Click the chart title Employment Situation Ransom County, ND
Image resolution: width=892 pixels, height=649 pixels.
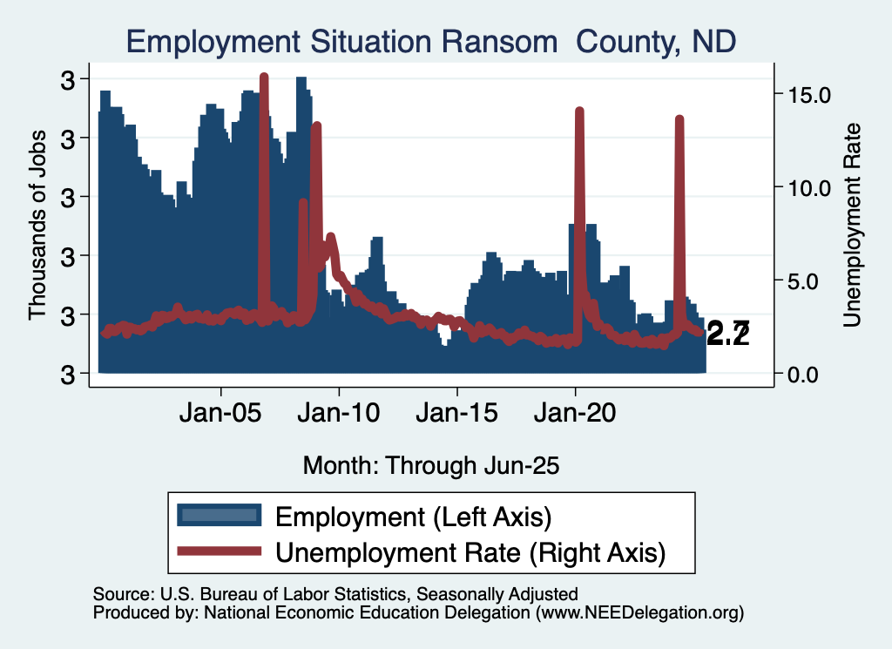pyautogui.click(x=431, y=40)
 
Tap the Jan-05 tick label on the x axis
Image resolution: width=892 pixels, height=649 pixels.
pyautogui.click(x=221, y=412)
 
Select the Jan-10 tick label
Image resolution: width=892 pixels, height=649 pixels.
pyautogui.click(x=339, y=412)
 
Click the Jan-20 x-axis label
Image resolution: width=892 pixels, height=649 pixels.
pyautogui.click(x=575, y=412)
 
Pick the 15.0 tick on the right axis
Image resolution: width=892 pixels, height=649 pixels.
pyautogui.click(x=811, y=94)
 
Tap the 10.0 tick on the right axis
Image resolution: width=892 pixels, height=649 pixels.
pyautogui.click(x=811, y=187)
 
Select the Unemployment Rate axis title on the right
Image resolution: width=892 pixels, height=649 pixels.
pyautogui.click(x=851, y=225)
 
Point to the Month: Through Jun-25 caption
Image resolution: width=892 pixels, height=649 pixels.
pyautogui.click(x=431, y=465)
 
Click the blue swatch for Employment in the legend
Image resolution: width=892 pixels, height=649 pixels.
pyautogui.click(x=219, y=515)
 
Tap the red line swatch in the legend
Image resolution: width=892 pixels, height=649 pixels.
pyautogui.click(x=219, y=551)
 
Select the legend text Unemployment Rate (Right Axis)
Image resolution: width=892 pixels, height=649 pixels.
pyautogui.click(x=470, y=551)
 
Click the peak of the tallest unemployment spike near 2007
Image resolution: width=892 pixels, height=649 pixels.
pyautogui.click(x=264, y=78)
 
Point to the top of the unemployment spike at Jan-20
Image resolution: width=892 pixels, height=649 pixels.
pyautogui.click(x=579, y=111)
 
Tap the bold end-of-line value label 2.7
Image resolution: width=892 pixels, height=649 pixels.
pyautogui.click(x=728, y=333)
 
